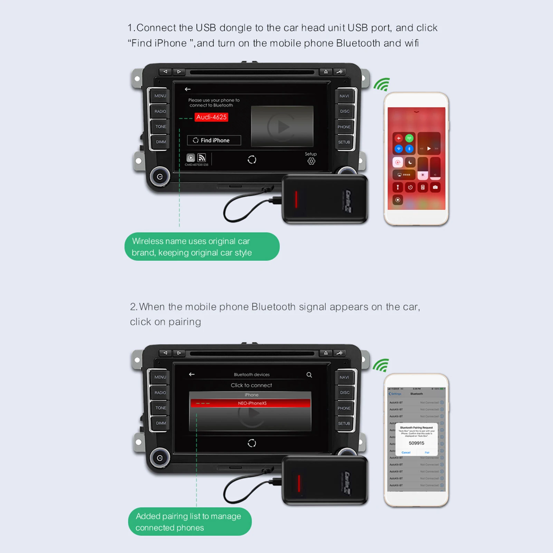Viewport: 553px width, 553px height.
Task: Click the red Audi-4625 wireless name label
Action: coord(211,117)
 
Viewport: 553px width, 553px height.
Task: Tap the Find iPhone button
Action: coord(214,140)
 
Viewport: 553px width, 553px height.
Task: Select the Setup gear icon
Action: coord(311,161)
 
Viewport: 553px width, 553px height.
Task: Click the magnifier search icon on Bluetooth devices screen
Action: coord(309,375)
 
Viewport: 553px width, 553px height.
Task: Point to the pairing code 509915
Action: coord(416,443)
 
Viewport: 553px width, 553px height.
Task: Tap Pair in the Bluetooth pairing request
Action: coord(427,452)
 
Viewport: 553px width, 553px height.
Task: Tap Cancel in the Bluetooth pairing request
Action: coord(406,452)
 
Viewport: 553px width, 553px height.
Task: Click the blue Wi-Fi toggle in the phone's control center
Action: coord(399,149)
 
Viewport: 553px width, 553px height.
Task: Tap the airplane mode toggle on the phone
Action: coord(399,138)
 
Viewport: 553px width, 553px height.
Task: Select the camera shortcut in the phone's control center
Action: coord(435,187)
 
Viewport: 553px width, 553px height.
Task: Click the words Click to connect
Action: coord(251,385)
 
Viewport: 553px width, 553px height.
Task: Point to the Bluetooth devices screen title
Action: coord(251,374)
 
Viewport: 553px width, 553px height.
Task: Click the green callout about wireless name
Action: coord(202,247)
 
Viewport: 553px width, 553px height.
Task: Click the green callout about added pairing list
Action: coord(190,522)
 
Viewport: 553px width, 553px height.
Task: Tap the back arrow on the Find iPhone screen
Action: coord(188,89)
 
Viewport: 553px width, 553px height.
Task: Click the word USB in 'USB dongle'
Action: coord(206,28)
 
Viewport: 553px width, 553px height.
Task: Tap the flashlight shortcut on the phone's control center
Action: coord(398,187)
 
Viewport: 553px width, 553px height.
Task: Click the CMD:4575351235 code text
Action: coord(197,165)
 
